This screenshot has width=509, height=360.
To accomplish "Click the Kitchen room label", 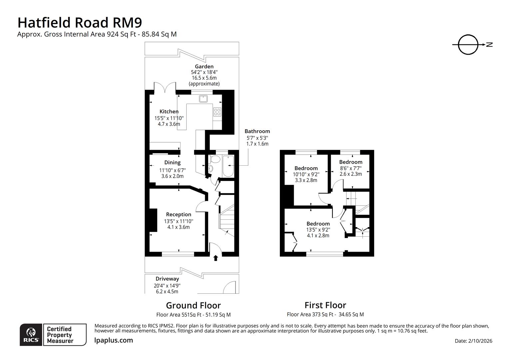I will (x=169, y=111).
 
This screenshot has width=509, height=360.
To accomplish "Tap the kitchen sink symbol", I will (x=203, y=98).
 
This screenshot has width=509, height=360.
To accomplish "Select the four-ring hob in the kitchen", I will (x=217, y=112).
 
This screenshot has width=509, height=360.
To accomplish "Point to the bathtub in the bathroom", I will (x=229, y=166).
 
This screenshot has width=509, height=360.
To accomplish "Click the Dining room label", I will (x=172, y=162).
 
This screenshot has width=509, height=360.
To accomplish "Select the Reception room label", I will (x=179, y=214).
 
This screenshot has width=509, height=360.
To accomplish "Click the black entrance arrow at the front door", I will (x=216, y=258).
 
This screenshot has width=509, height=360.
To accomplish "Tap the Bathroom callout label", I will (x=257, y=131).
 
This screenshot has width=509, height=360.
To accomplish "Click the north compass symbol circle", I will (x=468, y=44).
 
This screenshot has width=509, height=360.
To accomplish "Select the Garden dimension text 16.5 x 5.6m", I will (x=204, y=78).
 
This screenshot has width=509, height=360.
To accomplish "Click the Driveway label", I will (x=167, y=279).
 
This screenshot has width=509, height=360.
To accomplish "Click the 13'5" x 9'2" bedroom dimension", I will (x=318, y=230).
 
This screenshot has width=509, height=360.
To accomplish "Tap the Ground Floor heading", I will (x=193, y=305).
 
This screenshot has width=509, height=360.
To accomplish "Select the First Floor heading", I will (x=325, y=305).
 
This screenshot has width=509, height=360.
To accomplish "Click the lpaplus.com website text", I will (x=114, y=340).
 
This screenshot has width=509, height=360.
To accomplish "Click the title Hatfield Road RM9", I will (x=80, y=22).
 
